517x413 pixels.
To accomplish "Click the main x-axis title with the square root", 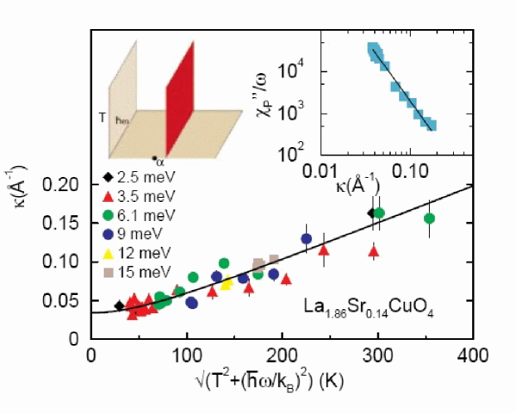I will pos(283,381).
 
